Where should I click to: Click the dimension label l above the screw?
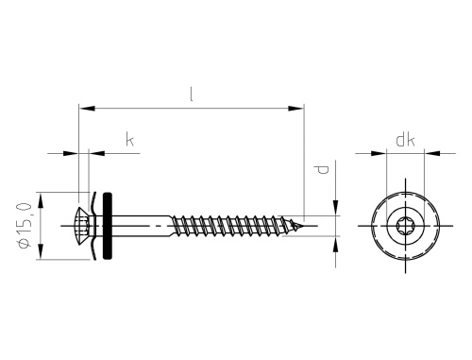tap(192, 94)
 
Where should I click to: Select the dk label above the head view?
tap(406, 140)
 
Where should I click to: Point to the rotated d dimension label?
tap(323, 170)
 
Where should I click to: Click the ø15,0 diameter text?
tap(25, 225)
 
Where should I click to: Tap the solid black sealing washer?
tap(108, 226)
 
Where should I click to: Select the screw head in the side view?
tap(83, 226)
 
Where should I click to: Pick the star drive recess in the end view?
tap(405, 226)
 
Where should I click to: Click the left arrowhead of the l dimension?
tap(87, 109)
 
